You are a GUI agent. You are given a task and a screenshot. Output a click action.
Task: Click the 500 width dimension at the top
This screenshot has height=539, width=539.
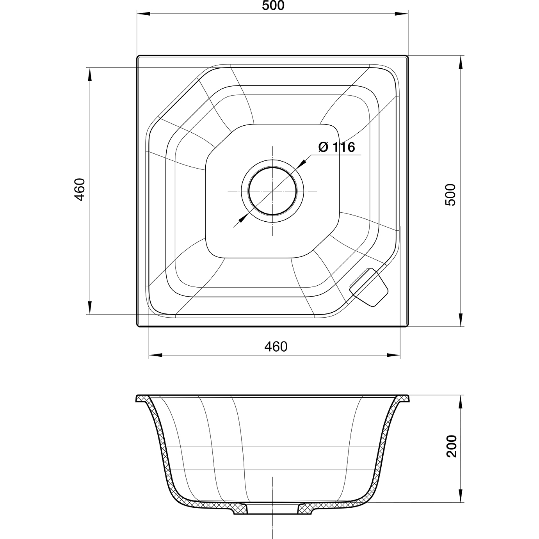273,6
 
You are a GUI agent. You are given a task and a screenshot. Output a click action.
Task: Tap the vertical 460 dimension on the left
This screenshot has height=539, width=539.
80,189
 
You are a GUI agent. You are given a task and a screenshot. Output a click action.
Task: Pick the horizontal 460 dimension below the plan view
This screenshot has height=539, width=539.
276,347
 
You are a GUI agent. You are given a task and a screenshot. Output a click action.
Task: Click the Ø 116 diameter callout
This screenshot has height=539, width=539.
336,147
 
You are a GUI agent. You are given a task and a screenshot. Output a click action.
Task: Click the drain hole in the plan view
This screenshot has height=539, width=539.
272,191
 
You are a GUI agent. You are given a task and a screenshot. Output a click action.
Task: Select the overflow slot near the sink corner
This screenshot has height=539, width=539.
369,287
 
